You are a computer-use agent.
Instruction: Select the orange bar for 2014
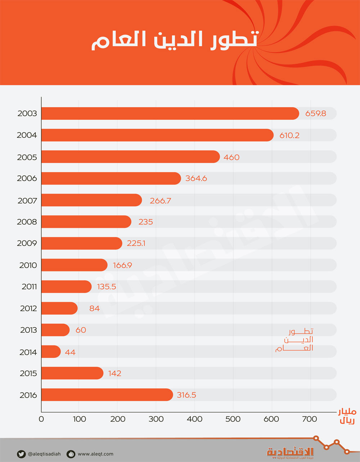point(51,351)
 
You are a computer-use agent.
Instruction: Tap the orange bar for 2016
point(107,395)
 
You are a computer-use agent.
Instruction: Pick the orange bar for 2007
point(91,200)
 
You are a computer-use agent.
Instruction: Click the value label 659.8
point(316,113)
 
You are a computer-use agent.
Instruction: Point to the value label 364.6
point(196,178)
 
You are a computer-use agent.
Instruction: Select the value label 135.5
point(107,287)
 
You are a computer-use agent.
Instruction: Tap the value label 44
point(70,352)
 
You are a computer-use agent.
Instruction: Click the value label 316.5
point(186,395)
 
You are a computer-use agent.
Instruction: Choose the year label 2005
point(27,157)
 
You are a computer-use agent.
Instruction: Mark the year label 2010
point(28,265)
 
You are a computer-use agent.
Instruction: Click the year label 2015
point(28,373)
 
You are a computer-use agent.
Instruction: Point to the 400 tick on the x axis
point(195,419)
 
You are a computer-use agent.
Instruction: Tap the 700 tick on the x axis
point(310,419)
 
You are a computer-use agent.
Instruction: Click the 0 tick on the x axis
point(41,419)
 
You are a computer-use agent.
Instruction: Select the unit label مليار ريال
point(347,416)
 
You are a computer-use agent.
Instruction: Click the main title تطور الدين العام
point(175,40)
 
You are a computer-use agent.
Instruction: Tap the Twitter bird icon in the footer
point(21,454)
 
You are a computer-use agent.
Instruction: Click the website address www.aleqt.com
point(95,454)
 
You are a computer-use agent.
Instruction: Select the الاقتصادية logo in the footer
point(290,452)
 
